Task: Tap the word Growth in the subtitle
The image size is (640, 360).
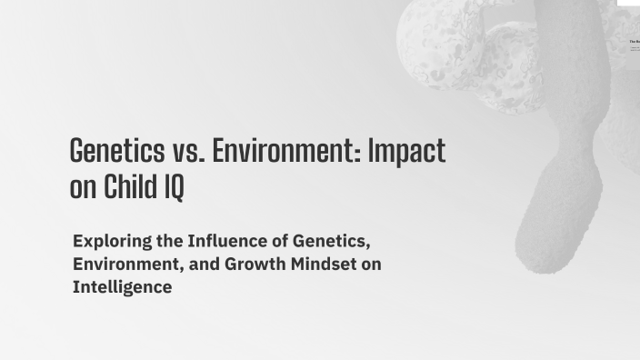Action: click(x=252, y=265)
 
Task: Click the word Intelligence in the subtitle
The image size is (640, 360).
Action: click(x=122, y=288)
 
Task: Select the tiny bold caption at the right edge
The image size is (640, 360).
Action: click(x=635, y=42)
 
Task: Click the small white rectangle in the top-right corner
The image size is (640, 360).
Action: click(x=628, y=4)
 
